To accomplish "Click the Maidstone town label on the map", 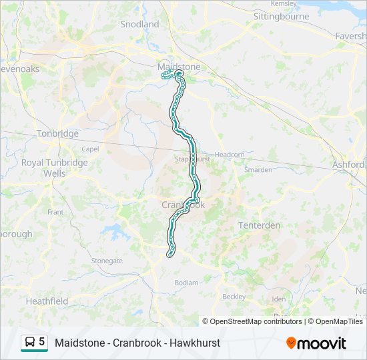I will point(178,67).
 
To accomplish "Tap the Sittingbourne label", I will point(281,16).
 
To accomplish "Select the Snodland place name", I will point(139,24).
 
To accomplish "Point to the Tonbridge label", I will point(57,133).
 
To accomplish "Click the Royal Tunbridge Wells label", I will point(54,167).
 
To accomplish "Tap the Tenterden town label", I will point(260,225).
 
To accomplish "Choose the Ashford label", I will point(349,165).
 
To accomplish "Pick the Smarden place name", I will point(258,170).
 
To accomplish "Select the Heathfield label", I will point(47,301).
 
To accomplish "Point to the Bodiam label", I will point(186,283).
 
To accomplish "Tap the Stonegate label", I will point(107,261).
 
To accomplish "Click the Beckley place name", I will point(234,296).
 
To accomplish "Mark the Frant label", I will point(55,212).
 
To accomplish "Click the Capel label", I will point(90,149).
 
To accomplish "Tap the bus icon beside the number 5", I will point(30,343).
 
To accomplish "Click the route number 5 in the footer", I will point(42,342).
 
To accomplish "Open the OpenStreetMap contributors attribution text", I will point(256,321).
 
